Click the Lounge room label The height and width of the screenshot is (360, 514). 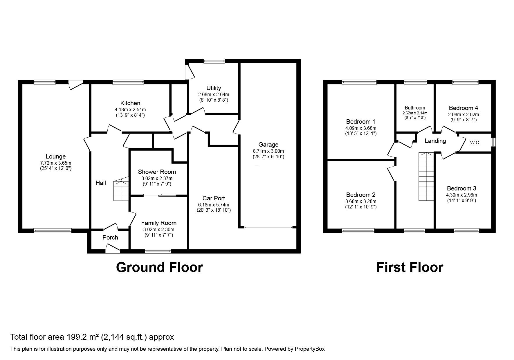56,157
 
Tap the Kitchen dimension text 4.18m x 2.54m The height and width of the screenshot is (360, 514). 130,109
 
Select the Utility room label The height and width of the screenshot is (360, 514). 214,88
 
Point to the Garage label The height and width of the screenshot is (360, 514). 268,145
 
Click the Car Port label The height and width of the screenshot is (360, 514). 214,198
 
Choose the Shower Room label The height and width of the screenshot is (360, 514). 157,172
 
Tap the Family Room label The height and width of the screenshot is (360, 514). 158,223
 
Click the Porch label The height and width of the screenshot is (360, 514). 110,237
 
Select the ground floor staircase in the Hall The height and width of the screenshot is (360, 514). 121,190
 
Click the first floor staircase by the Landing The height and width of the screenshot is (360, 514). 426,177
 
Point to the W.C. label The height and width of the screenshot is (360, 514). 475,143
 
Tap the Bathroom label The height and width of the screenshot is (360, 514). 415,108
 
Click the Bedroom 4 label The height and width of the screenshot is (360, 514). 463,108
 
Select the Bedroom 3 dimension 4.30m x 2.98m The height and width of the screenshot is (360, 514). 461,195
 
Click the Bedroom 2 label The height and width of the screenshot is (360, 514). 361,195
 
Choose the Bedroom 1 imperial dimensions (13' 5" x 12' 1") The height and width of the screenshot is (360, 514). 361,134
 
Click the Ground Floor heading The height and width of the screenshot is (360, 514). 159,267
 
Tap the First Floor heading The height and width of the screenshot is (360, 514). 410,267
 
